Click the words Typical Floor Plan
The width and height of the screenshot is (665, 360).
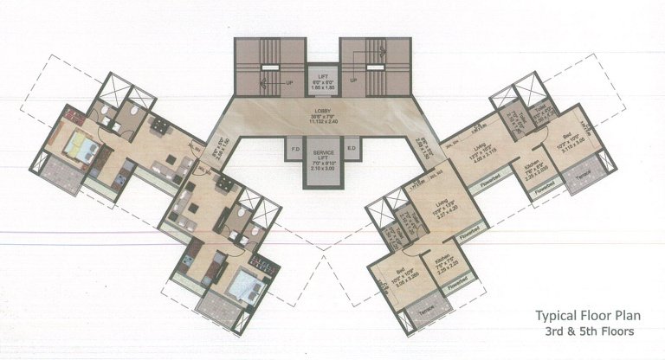click(583, 316)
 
